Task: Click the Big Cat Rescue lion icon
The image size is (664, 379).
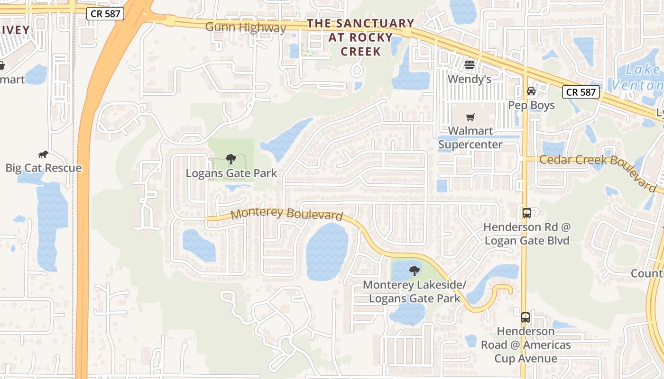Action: click(43, 154)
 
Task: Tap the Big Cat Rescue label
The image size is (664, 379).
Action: click(43, 168)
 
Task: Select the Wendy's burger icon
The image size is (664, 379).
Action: click(470, 65)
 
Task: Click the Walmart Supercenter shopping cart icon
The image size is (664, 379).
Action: click(470, 117)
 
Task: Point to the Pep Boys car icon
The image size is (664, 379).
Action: click(531, 91)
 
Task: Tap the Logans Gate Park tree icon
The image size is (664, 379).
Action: click(231, 159)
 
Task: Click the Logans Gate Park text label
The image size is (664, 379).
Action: click(231, 173)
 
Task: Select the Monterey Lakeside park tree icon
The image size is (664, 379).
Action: click(415, 271)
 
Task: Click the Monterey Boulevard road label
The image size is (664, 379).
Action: click(286, 214)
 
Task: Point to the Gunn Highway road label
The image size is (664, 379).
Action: click(245, 27)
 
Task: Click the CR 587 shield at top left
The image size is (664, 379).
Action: click(105, 14)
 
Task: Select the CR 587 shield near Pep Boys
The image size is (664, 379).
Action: click(581, 92)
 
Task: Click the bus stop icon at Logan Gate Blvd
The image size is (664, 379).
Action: click(526, 213)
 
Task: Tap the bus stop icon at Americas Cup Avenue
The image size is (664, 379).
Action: click(525, 317)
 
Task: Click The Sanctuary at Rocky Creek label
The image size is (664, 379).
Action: click(360, 37)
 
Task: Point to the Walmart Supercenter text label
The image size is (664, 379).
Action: click(470, 137)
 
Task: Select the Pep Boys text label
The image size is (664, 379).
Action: click(531, 105)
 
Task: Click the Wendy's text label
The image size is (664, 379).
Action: click(470, 79)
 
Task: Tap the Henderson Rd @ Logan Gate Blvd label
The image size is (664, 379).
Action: click(526, 234)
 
